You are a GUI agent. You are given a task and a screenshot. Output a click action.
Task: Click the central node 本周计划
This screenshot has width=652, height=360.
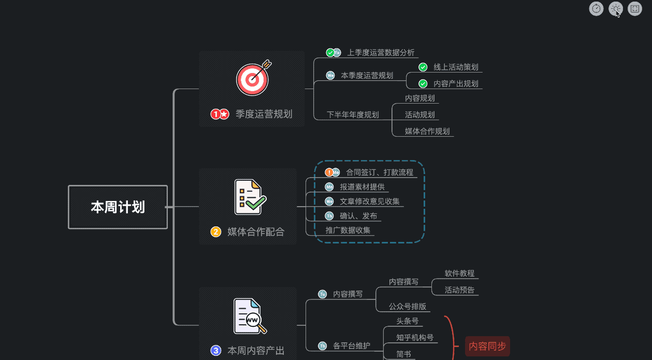118,207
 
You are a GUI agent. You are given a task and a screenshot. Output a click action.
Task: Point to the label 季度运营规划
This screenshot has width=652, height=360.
264,114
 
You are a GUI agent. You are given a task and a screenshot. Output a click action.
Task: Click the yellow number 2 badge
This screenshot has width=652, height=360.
216,232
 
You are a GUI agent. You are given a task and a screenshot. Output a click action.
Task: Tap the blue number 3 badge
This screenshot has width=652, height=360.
216,351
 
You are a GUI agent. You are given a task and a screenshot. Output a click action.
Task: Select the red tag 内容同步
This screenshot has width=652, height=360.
487,347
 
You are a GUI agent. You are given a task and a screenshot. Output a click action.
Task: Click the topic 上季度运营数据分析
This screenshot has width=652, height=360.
381,52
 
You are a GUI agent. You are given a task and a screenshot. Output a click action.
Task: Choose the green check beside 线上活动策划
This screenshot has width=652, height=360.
423,67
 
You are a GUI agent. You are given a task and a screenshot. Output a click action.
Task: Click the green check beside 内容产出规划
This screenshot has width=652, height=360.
423,83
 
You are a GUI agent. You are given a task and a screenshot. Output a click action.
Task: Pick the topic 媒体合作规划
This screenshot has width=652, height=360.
427,131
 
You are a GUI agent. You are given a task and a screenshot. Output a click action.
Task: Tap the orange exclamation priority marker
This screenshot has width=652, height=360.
329,172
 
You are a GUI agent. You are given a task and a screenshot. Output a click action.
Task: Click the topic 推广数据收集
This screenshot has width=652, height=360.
347,230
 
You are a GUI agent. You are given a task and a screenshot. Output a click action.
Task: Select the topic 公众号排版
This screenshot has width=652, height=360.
408,306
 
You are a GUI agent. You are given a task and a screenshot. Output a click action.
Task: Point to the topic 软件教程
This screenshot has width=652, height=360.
459,273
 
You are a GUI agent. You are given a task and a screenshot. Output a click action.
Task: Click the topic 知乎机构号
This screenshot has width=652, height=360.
414,338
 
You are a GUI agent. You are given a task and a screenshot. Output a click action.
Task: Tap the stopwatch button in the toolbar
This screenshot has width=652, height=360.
597,8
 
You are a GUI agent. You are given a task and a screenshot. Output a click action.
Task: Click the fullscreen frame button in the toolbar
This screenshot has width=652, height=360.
635,8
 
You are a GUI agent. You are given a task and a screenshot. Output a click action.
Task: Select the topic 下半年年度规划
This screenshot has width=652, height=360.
352,114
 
